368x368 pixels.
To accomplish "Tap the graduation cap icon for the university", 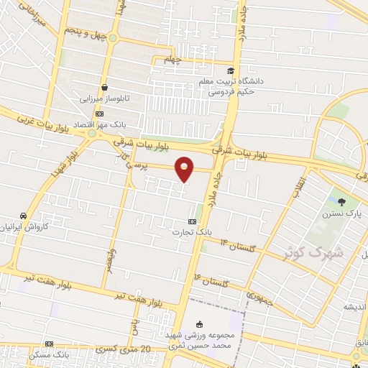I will pyautogui.click(x=230, y=70).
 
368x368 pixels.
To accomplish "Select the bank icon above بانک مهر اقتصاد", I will pyautogui.click(x=99, y=113).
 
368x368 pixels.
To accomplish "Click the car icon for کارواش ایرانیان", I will pyautogui.click(x=24, y=215).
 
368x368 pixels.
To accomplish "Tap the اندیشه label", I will pyautogui.click(x=352, y=306).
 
